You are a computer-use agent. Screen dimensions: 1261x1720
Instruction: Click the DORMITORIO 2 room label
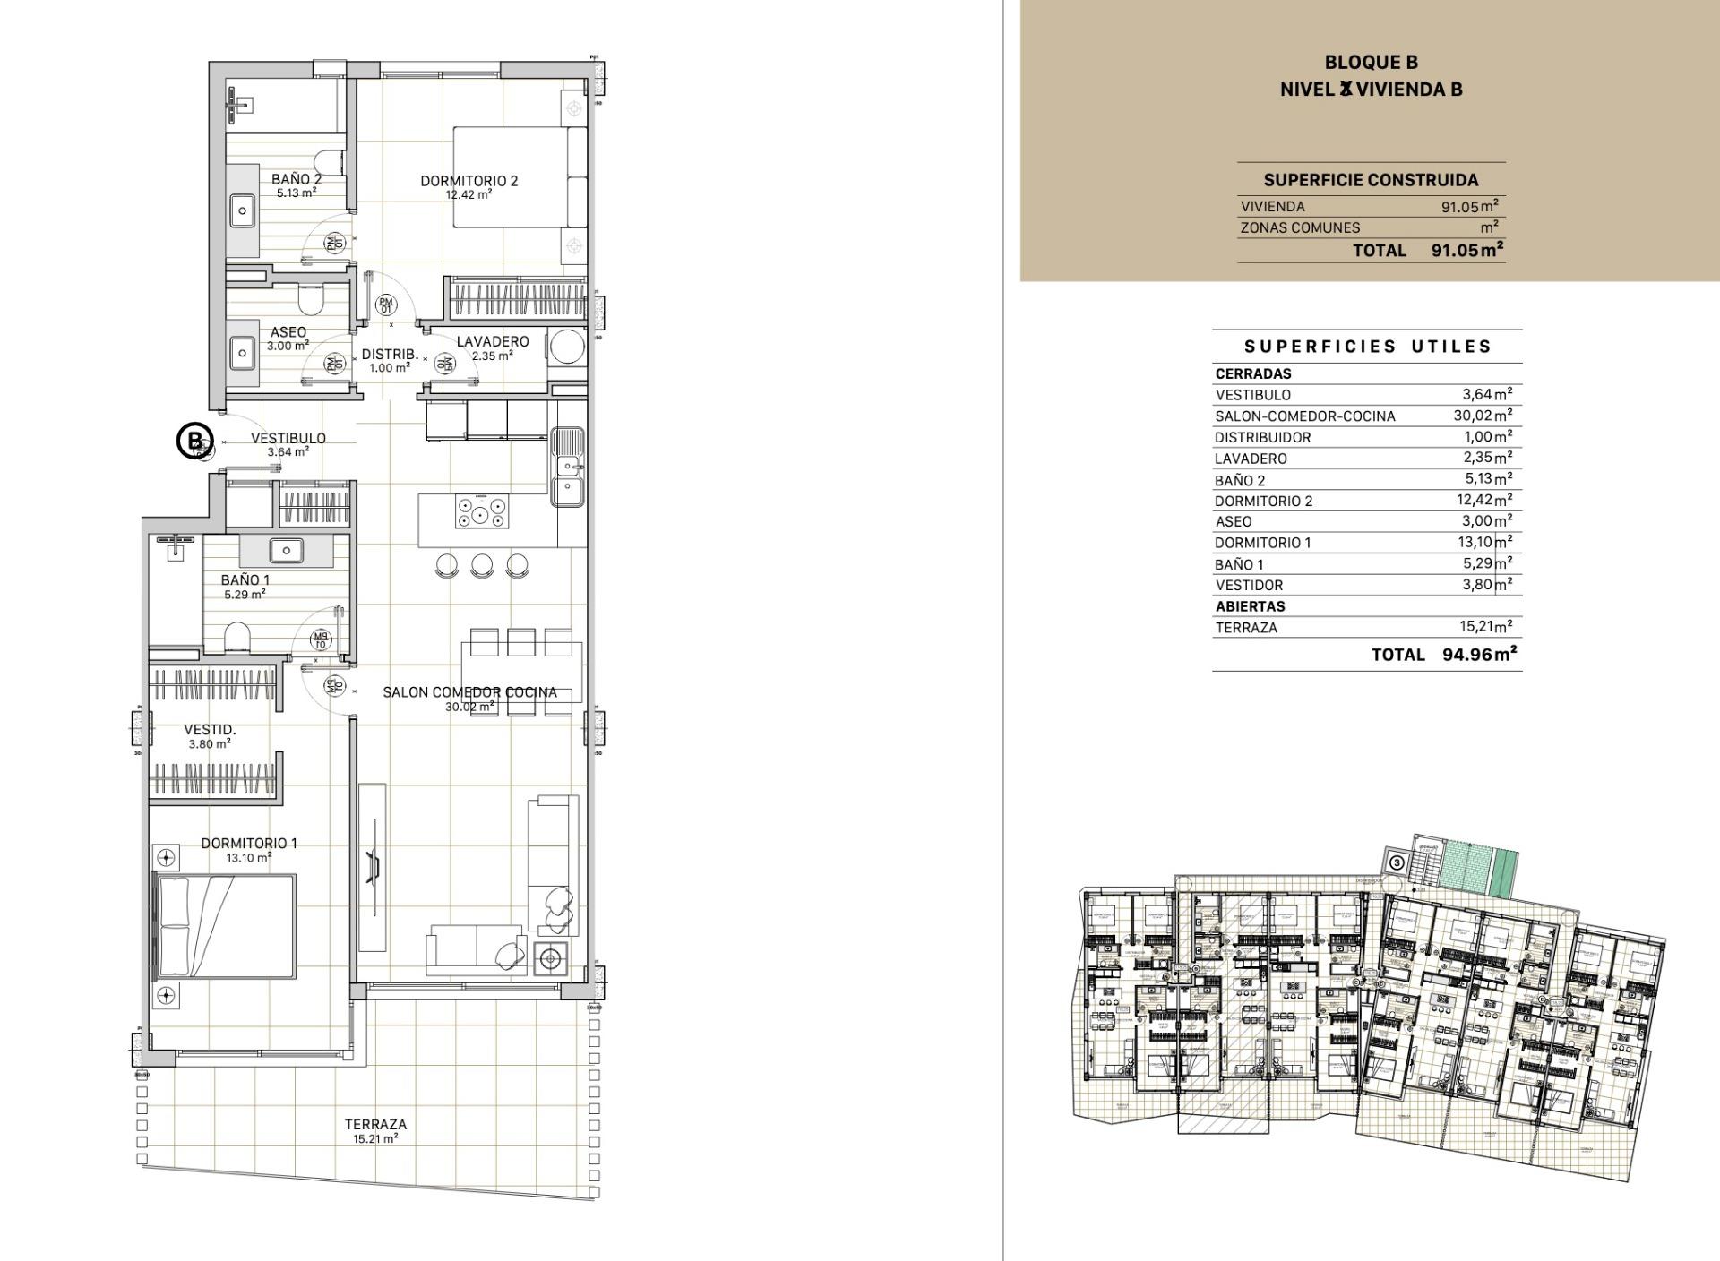(469, 181)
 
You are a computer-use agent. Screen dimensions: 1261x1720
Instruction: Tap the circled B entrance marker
(193, 441)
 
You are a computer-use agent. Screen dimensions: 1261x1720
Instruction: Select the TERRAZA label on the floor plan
(375, 1124)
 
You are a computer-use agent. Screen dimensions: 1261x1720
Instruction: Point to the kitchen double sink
(568, 466)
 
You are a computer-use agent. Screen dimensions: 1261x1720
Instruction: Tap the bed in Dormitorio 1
(226, 927)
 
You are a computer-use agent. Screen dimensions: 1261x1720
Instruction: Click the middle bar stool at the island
(482, 564)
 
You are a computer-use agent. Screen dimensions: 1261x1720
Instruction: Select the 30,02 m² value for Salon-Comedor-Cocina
(1482, 416)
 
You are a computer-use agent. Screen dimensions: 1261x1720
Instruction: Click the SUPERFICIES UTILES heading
(1368, 347)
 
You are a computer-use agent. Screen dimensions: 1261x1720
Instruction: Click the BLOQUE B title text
(1371, 62)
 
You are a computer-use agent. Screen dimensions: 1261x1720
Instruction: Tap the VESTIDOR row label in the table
(1249, 586)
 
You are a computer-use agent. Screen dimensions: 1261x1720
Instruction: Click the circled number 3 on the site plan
(1397, 862)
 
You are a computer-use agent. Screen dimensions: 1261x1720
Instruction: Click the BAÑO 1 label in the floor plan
(245, 579)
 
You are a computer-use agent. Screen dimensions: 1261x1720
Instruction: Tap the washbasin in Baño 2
(243, 213)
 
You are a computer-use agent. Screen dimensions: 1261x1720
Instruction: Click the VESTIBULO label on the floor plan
(288, 438)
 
